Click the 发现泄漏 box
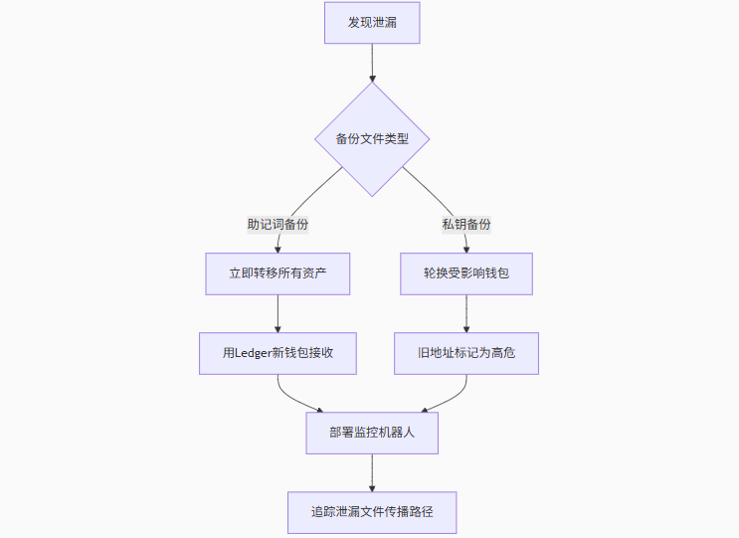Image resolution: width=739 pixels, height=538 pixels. tap(372, 23)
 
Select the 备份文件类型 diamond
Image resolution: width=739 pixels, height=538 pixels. tap(372, 139)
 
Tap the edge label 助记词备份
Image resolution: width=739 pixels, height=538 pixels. tap(277, 224)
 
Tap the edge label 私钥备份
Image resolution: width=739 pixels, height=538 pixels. tap(466, 224)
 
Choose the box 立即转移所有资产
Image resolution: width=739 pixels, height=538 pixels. tap(277, 273)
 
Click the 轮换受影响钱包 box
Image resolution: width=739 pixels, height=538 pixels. tap(466, 273)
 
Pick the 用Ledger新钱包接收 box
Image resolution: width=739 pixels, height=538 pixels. tap(277, 353)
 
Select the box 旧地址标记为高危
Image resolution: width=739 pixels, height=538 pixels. tap(466, 353)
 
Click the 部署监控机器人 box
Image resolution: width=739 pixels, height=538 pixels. tap(372, 433)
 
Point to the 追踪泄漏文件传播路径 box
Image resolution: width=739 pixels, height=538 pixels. tap(372, 512)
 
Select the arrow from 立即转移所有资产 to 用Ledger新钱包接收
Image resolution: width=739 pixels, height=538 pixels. tap(277, 313)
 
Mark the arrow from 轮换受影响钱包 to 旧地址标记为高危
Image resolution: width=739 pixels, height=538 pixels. tap(466, 313)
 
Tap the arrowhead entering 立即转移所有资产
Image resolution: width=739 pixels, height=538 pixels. tap(277, 249)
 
